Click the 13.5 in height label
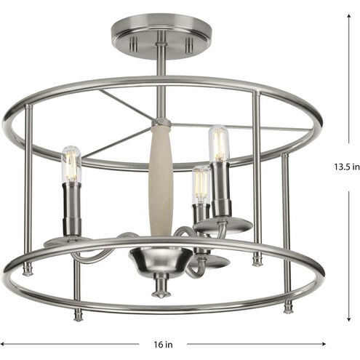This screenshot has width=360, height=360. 347,167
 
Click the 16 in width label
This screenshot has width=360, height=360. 163,344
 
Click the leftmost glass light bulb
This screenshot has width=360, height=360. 71,164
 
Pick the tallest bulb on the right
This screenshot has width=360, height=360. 219,143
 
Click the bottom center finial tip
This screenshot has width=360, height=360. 160,295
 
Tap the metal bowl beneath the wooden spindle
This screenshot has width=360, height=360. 161,260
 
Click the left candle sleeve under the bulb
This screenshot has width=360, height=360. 72,209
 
